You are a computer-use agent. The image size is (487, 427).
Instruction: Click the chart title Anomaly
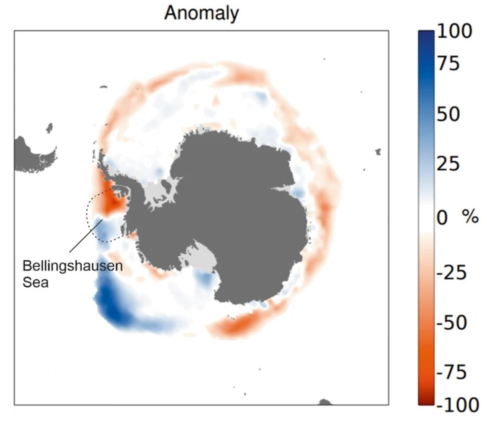201,13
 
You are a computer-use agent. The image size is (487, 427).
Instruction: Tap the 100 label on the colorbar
454,31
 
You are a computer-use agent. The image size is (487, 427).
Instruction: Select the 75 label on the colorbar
448,63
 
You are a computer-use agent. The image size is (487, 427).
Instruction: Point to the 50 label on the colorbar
448,114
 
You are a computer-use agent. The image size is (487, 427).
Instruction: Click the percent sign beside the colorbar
470,218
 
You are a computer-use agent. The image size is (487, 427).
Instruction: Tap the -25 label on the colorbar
451,272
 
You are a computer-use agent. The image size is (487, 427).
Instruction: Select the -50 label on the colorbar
452,322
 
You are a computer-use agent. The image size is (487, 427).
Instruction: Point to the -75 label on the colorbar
452,372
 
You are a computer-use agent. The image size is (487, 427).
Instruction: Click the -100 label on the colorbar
457,405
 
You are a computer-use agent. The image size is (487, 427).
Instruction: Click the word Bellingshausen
72,266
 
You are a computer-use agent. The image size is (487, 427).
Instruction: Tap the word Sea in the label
35,282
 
